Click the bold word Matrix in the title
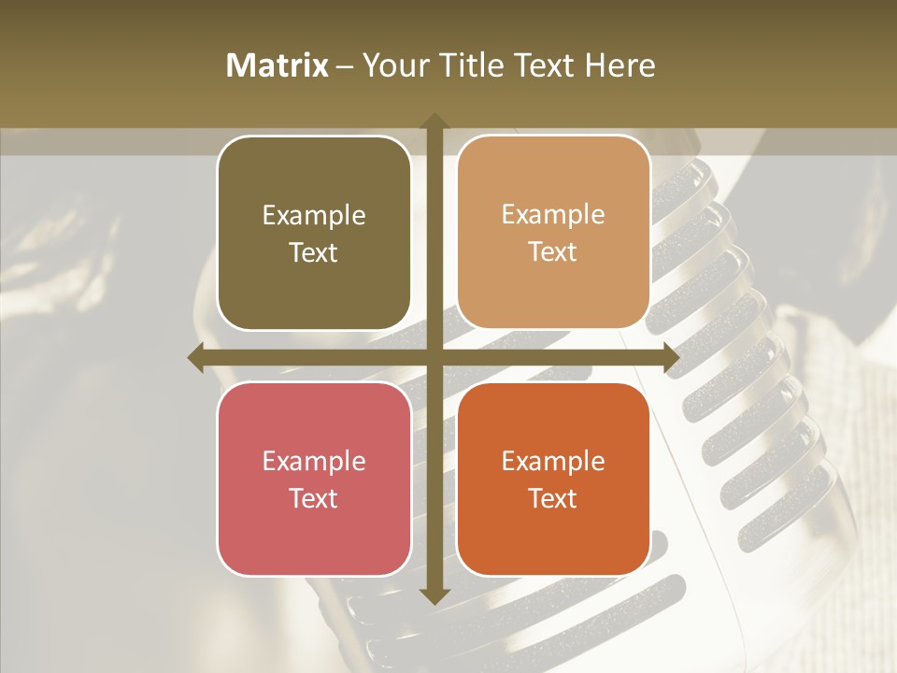[278, 65]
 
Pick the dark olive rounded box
[314, 234]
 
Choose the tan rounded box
[553, 233]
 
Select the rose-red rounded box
[314, 479]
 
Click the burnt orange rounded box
[553, 479]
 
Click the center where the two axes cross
[434, 358]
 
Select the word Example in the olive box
[314, 216]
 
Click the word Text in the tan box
[553, 252]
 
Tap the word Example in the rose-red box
[314, 461]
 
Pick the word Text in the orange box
[553, 498]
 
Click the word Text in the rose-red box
[314, 498]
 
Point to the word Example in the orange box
[553, 461]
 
